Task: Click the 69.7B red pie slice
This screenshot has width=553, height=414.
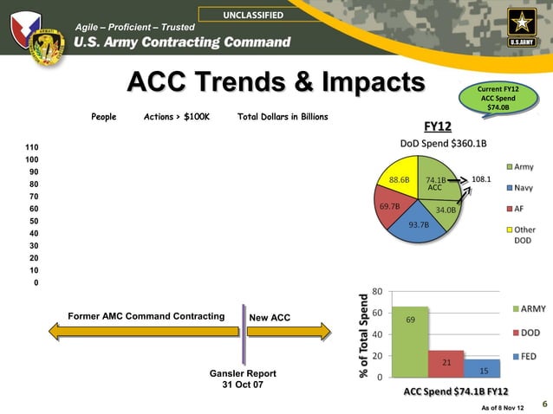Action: [391, 207]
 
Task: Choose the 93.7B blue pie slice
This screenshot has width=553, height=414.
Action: [419, 224]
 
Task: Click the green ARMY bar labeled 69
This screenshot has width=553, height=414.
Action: [416, 341]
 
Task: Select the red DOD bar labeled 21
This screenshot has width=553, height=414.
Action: [446, 363]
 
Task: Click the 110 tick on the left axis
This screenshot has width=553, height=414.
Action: [31, 148]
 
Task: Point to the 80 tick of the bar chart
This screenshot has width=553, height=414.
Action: [377, 291]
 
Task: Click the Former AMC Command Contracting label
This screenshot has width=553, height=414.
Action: [146, 318]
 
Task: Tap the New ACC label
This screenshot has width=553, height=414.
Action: [270, 318]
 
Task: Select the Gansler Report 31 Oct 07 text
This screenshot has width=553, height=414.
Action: [244, 378]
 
